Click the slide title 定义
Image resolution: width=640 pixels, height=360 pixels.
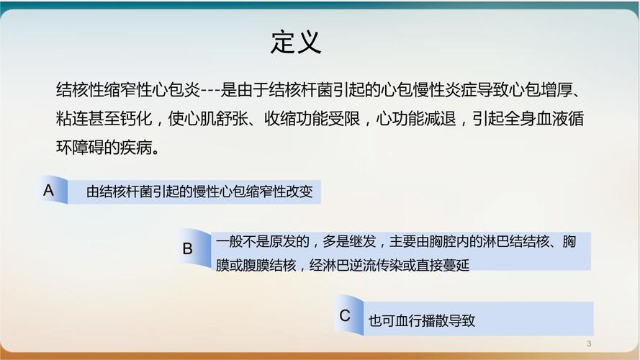point(296,42)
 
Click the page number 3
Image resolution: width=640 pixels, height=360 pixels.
point(589,343)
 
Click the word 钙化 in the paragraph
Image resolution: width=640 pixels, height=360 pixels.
point(137,118)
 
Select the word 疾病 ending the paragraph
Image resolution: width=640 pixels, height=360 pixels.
point(136,148)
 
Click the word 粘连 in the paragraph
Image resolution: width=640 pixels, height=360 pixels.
point(72,118)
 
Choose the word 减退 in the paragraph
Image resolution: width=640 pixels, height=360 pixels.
point(440,118)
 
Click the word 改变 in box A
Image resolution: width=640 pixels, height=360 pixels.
point(299,192)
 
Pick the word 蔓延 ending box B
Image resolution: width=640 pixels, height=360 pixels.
point(456,265)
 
